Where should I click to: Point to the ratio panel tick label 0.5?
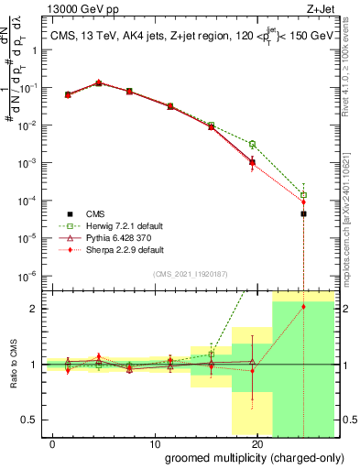28,420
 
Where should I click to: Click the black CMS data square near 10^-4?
303,213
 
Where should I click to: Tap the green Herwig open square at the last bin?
303,194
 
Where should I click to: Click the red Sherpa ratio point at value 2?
303,307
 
